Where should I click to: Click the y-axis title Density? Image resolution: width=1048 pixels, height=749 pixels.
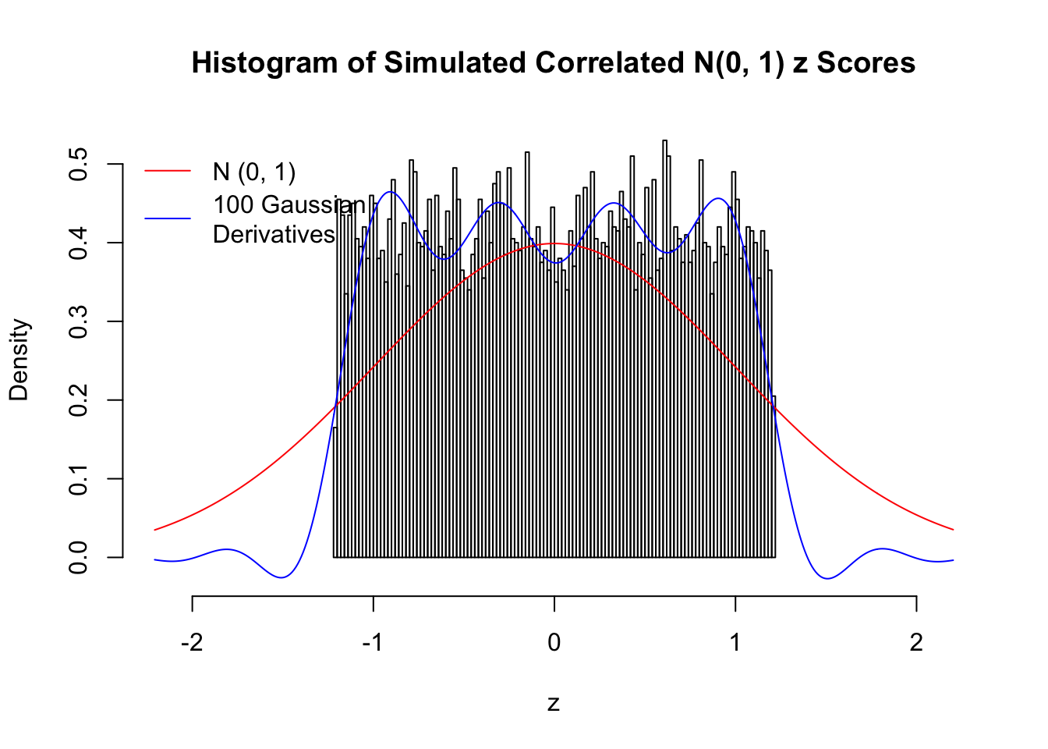(19, 360)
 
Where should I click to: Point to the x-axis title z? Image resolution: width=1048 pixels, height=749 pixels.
(554, 704)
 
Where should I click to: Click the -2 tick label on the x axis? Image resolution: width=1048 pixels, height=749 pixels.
(192, 642)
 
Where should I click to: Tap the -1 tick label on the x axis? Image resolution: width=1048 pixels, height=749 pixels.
(373, 642)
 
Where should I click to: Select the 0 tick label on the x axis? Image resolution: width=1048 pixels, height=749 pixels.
(554, 642)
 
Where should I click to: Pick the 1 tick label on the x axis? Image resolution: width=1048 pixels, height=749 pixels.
(735, 642)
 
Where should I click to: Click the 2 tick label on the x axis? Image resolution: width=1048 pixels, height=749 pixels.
(916, 642)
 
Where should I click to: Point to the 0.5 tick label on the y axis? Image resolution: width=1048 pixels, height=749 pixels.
(78, 164)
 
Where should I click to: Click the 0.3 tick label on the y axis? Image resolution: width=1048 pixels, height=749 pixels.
(78, 321)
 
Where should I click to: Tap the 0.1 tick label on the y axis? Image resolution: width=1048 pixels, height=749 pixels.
(78, 478)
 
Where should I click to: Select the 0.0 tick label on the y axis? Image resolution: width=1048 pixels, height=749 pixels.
(78, 557)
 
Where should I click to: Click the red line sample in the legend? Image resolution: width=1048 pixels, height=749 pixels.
(168, 169)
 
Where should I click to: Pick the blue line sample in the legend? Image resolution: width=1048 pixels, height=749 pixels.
(168, 218)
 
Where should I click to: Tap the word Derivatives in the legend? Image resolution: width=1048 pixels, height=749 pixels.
(274, 234)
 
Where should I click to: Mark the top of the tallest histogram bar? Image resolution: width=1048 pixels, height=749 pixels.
(664, 140)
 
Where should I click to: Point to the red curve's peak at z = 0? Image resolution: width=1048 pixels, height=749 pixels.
(554, 243)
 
